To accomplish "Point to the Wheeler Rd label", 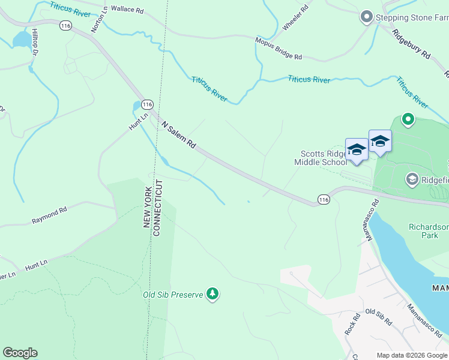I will (x=295, y=19).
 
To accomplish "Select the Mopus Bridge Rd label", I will (x=279, y=49).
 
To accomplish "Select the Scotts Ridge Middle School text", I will (x=320, y=158).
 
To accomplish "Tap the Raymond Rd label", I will (x=49, y=217).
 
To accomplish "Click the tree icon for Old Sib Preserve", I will (x=212, y=294).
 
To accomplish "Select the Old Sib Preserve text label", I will (x=173, y=295).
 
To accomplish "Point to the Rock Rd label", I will (x=352, y=324).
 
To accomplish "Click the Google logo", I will (x=20, y=353).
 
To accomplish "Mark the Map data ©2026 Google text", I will (x=411, y=355).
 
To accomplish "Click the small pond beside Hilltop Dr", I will (x=22, y=40).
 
